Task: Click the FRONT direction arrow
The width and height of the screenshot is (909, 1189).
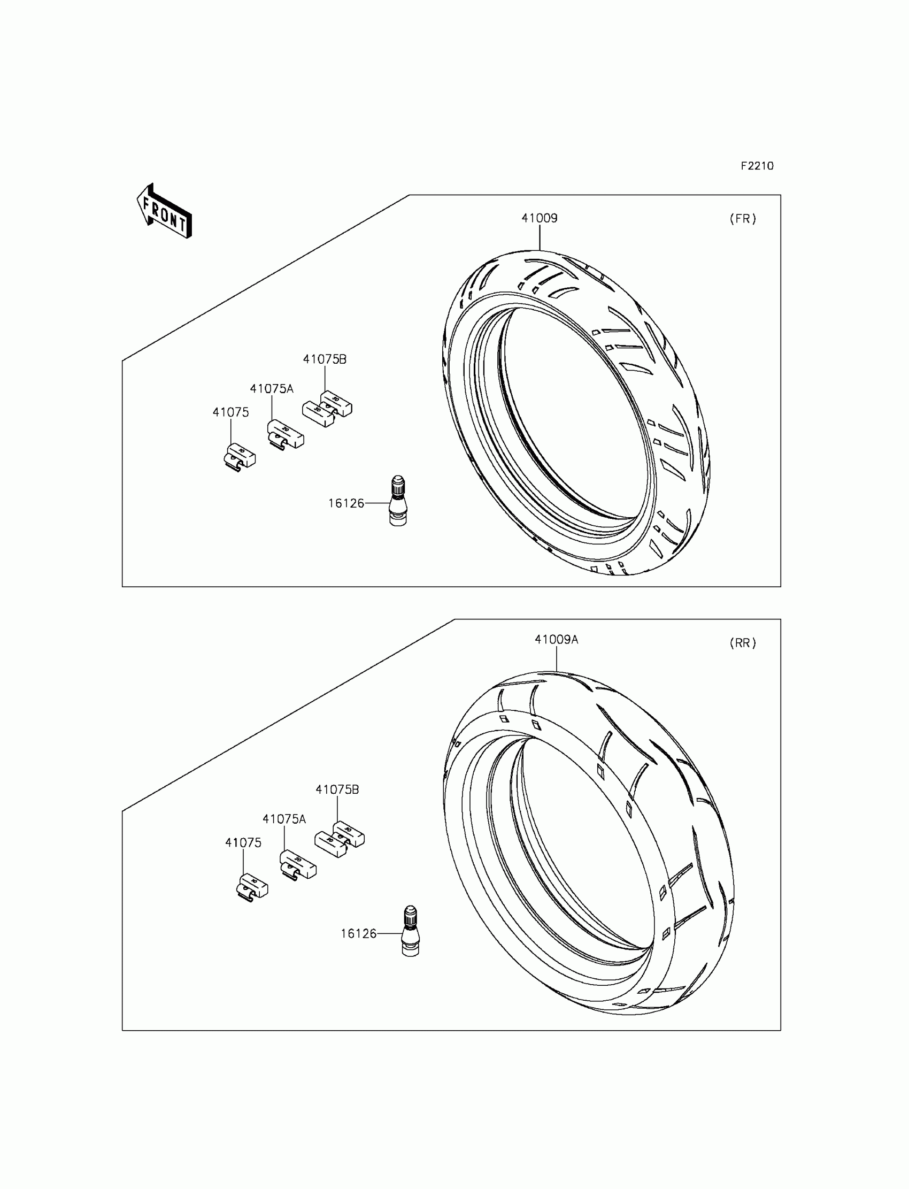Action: (x=164, y=211)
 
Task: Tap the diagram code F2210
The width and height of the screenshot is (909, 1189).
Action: (x=757, y=166)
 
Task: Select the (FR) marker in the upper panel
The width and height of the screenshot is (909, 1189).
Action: (x=743, y=219)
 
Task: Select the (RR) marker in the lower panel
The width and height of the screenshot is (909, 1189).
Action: (x=743, y=643)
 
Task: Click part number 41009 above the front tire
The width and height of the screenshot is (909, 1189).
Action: (x=540, y=218)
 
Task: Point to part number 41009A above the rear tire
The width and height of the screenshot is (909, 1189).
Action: (x=556, y=639)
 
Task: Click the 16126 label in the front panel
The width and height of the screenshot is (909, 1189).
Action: (x=346, y=503)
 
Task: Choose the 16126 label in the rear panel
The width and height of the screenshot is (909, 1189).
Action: (x=358, y=933)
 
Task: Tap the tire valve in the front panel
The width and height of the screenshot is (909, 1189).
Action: (x=398, y=501)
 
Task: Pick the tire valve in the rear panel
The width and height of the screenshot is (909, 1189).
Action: (x=410, y=931)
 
